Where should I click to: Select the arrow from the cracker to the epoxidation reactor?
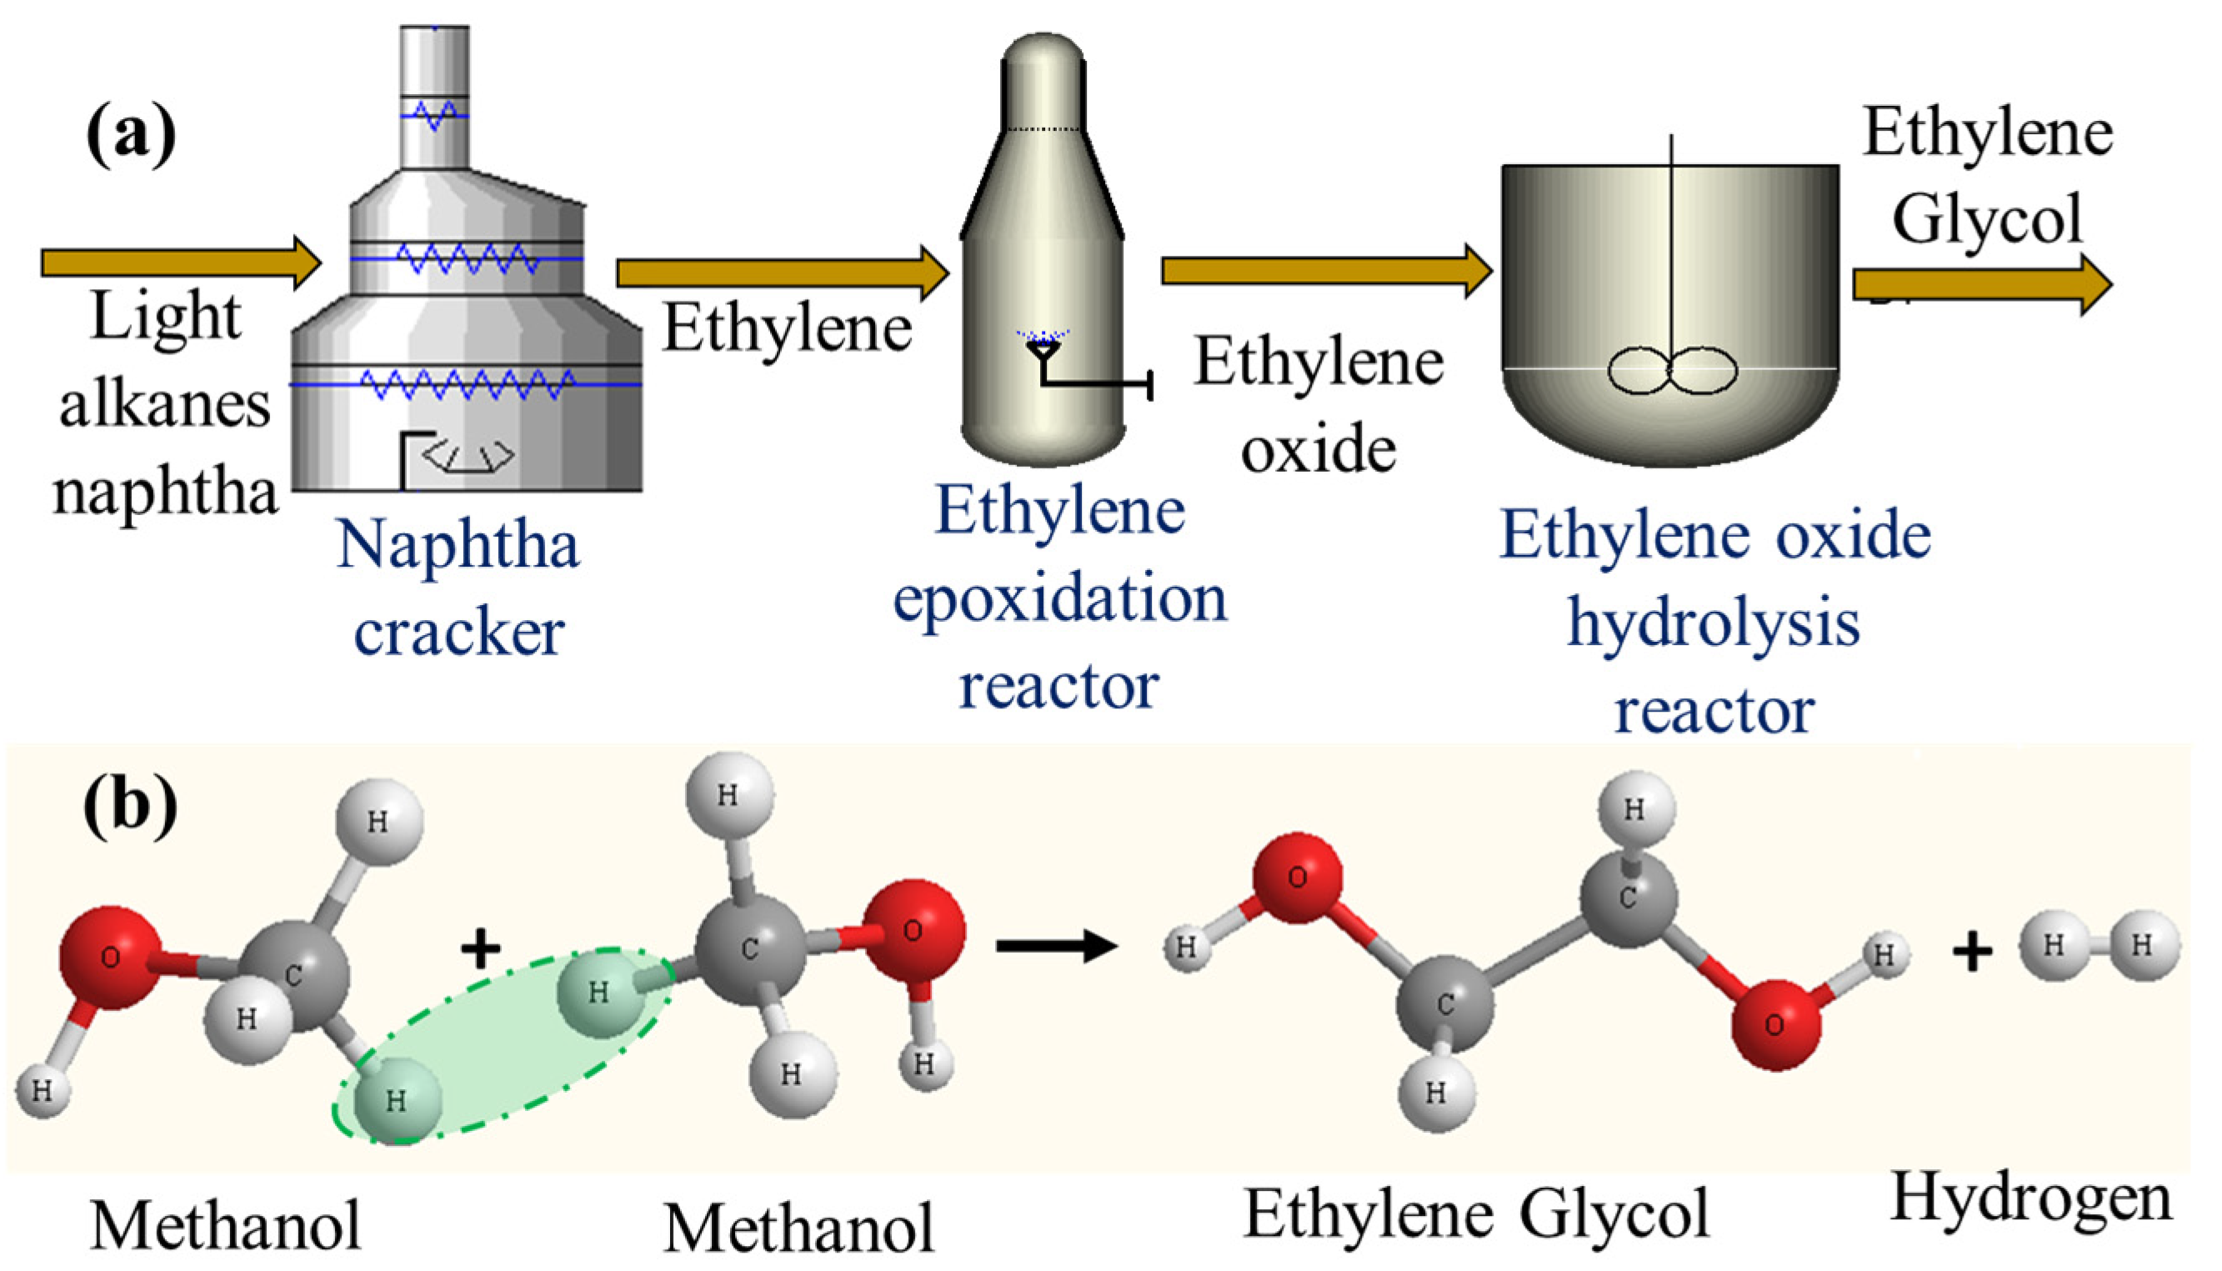[x=782, y=273]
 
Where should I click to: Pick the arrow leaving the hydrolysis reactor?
[x=1981, y=284]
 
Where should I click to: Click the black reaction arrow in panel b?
[x=1056, y=944]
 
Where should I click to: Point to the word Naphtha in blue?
[x=458, y=545]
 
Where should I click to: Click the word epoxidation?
[x=1059, y=599]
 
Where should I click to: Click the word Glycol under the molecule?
[x=1614, y=1213]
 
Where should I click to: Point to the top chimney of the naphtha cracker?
[x=434, y=96]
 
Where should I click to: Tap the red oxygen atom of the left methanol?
[x=110, y=957]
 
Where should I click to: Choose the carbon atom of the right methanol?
[x=748, y=950]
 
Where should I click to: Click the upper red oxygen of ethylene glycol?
[x=1297, y=877]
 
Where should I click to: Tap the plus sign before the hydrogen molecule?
[x=1973, y=952]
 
